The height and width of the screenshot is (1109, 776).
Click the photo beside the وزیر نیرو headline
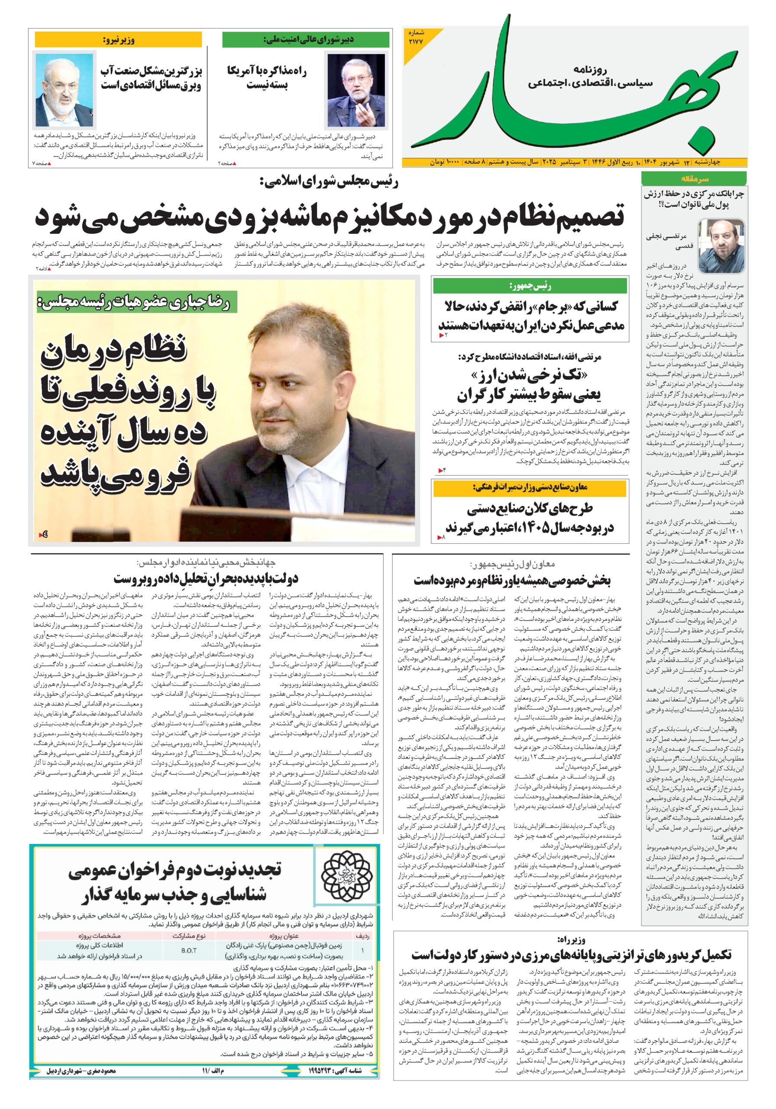[x=64, y=91]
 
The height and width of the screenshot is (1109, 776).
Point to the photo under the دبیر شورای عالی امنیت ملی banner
[x=356, y=91]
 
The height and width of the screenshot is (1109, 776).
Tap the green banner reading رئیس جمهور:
[x=530, y=286]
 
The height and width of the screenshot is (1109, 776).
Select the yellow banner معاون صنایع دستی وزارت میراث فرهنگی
[x=530, y=488]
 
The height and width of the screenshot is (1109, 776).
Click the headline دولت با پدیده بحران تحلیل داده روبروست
[x=206, y=578]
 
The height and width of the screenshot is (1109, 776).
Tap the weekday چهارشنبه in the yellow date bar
[x=726, y=162]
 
